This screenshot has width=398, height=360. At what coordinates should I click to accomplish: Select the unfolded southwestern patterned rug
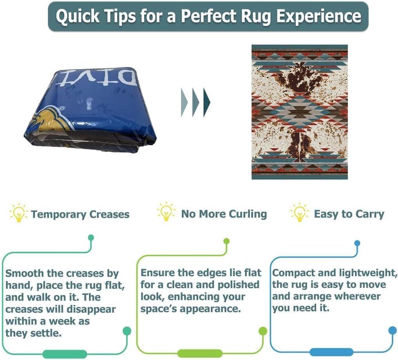tap(299, 112)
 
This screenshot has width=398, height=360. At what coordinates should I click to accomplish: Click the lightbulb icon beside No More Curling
tap(166, 212)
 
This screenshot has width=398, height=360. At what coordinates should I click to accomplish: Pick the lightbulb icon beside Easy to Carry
tap(299, 212)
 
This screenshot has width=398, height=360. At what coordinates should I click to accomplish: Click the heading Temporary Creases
tap(80, 215)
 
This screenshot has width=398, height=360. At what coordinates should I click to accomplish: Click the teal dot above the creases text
tap(91, 238)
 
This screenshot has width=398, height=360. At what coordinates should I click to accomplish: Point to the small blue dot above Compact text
tap(357, 243)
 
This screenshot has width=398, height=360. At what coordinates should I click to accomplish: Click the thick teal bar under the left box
tap(65, 354)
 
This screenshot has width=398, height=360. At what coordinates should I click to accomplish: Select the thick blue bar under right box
tap(331, 352)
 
